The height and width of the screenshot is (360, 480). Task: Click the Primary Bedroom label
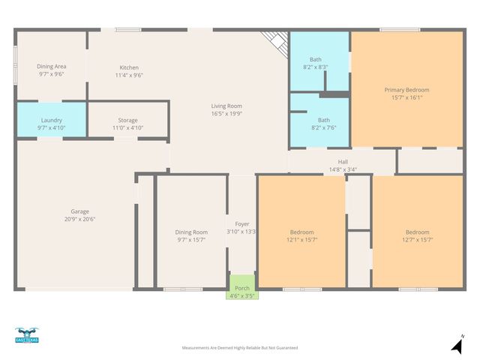406,89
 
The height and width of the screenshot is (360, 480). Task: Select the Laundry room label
52,120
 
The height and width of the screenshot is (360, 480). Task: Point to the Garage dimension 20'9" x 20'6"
80,219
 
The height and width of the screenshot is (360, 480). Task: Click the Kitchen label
129,67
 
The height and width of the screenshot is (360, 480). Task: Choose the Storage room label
127,120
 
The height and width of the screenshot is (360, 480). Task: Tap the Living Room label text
226,106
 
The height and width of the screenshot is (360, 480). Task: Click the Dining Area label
52,67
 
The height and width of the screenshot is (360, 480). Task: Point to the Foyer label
241,223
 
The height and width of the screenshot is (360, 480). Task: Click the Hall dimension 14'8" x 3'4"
343,169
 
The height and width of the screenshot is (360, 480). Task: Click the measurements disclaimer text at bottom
240,348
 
